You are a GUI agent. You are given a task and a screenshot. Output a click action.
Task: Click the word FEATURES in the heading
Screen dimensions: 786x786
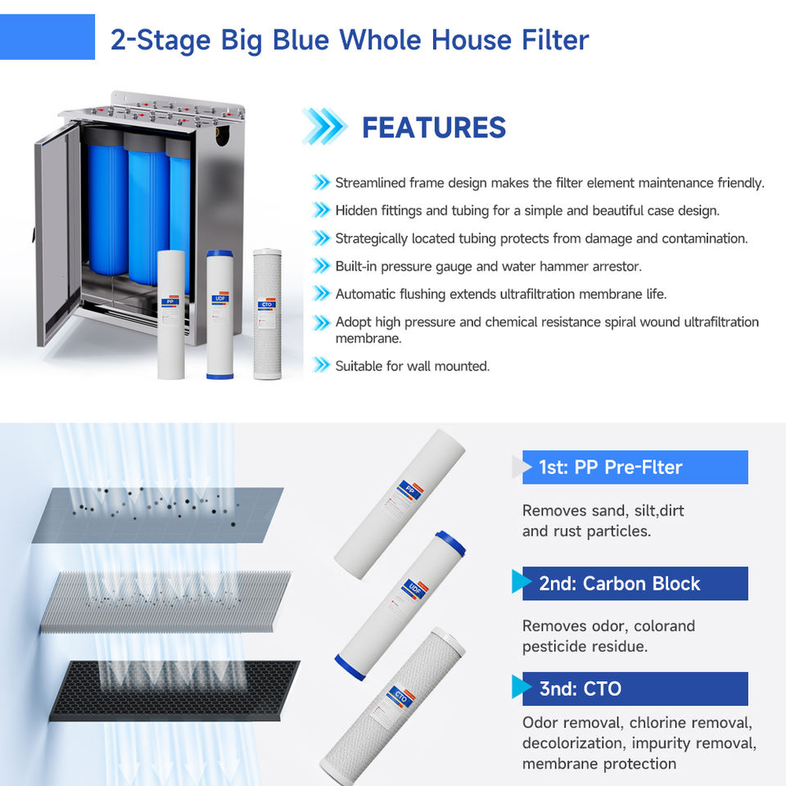pyautogui.click(x=434, y=128)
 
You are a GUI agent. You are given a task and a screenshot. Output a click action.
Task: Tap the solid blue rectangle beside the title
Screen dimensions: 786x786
pyautogui.click(x=47, y=37)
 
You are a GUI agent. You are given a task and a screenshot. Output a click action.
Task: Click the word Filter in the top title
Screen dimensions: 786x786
pyautogui.click(x=555, y=39)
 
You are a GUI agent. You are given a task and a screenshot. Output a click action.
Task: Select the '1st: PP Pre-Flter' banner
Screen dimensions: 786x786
pyautogui.click(x=635, y=468)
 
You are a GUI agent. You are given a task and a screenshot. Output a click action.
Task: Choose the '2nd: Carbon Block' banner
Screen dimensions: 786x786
pyautogui.click(x=635, y=584)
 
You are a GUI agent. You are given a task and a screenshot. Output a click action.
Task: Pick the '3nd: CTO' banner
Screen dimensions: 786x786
pyautogui.click(x=635, y=689)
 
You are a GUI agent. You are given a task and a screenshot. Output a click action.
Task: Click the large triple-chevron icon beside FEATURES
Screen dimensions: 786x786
pyautogui.click(x=324, y=126)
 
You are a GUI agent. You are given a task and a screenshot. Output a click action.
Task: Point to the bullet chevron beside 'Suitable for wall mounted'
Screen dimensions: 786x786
pyautogui.click(x=321, y=365)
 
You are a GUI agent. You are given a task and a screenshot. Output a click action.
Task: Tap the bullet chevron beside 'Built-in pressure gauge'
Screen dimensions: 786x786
pyautogui.click(x=321, y=265)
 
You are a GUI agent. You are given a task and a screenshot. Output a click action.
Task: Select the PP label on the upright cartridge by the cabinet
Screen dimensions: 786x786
pyautogui.click(x=170, y=302)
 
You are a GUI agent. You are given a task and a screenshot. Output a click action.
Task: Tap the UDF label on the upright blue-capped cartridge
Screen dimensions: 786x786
pyautogui.click(x=220, y=298)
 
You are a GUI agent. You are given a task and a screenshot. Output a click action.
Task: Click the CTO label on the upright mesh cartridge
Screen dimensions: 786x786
pyautogui.click(x=267, y=305)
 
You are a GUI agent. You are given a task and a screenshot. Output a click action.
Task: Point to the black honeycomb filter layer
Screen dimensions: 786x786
pyautogui.click(x=174, y=691)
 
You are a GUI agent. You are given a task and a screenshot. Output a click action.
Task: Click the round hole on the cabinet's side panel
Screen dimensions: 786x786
pyautogui.click(x=222, y=135)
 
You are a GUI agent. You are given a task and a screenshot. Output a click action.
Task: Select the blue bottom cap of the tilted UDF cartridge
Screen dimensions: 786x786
pyautogui.click(x=350, y=667)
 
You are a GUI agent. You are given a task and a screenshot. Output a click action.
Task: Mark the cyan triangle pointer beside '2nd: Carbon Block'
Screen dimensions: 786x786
pyautogui.click(x=522, y=581)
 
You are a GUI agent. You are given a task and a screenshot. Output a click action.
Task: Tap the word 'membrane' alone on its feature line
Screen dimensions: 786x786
pyautogui.click(x=368, y=338)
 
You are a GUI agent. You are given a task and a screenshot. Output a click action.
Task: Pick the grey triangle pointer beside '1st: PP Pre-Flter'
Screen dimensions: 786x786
pyautogui.click(x=522, y=468)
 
